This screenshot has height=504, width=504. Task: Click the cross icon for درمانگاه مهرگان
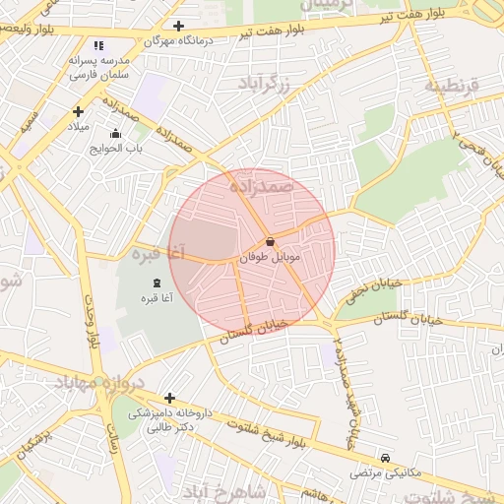click(178, 27)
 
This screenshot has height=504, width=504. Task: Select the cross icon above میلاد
click(78, 111)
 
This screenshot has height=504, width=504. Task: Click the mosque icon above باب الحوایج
click(116, 133)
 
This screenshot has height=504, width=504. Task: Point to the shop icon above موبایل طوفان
click(270, 241)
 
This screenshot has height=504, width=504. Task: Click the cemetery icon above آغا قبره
click(157, 283)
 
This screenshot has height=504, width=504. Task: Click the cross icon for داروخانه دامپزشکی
click(170, 399)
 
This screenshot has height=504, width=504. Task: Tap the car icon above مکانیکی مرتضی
click(386, 458)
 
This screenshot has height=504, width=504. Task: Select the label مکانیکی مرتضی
click(386, 473)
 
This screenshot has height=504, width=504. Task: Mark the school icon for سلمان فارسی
click(97, 45)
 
